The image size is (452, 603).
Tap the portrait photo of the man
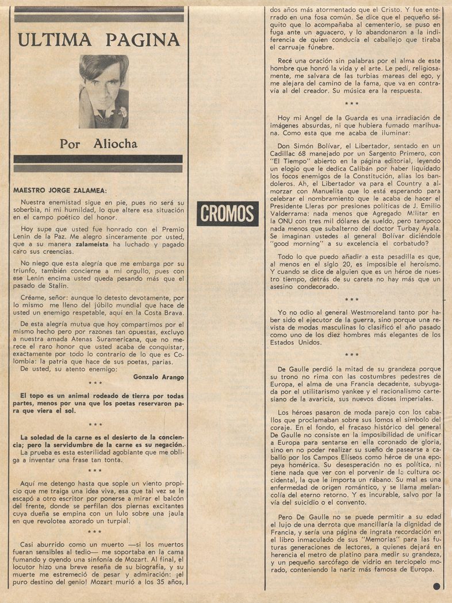(x=104, y=91)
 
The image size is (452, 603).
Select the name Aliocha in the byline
(x=115, y=144)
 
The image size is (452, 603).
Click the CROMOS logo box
(x=227, y=214)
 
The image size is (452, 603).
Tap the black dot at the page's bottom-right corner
(x=437, y=587)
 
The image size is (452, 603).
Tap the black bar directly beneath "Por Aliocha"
(x=98, y=159)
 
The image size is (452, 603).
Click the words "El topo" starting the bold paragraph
(x=33, y=396)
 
